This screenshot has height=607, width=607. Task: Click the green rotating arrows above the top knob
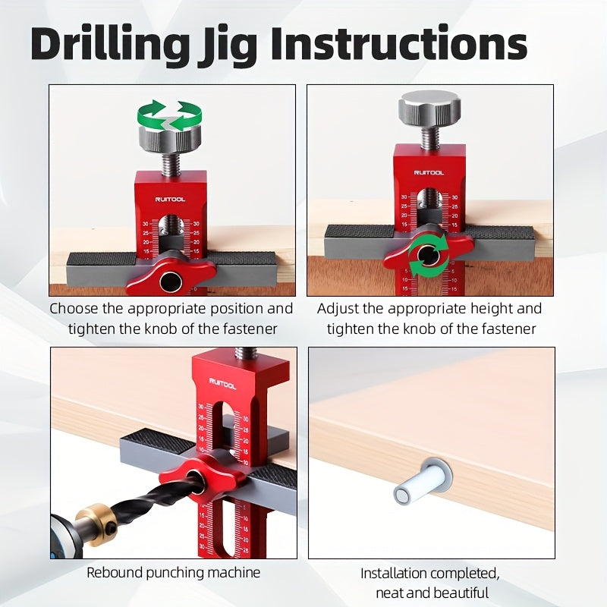point(169,115)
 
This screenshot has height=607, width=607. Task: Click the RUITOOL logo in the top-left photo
point(169,200)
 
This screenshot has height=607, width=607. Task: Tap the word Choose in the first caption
point(73,309)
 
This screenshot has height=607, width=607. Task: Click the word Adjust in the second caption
point(338,309)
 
